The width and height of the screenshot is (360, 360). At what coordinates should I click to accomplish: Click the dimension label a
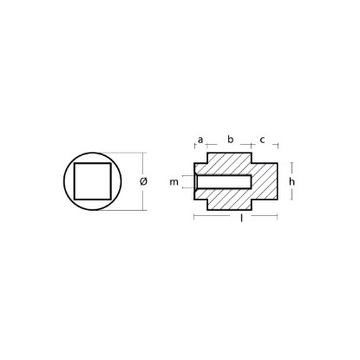click(200, 140)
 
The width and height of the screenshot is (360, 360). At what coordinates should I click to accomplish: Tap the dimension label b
click(230, 140)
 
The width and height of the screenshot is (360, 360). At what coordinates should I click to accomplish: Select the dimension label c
click(262, 140)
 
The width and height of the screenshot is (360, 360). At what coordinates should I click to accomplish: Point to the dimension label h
click(292, 181)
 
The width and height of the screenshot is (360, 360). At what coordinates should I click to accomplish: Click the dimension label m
click(173, 182)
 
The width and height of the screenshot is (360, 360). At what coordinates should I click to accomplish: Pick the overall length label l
click(242, 219)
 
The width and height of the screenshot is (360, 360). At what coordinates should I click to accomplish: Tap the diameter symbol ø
click(143, 181)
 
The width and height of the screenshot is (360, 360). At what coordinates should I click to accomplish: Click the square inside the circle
click(93, 181)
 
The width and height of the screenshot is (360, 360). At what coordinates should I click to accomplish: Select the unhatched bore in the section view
click(224, 181)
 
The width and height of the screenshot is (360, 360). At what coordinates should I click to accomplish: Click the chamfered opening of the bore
click(195, 181)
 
